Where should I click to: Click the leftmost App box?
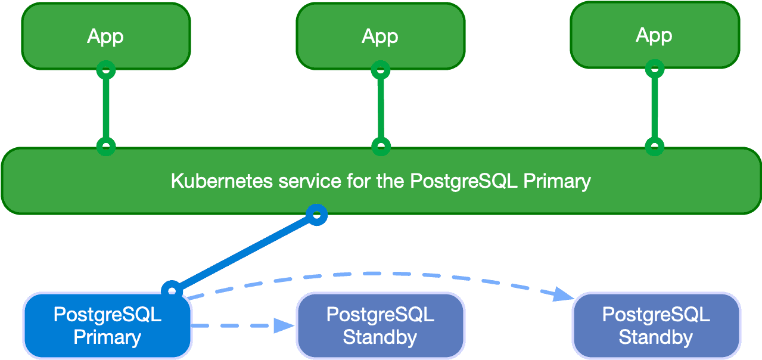pyautogui.click(x=105, y=36)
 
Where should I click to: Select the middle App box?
pyautogui.click(x=380, y=36)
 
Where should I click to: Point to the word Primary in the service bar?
pyautogui.click(x=556, y=181)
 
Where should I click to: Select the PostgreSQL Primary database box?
pyautogui.click(x=107, y=325)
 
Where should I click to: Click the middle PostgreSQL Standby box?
pyautogui.click(x=380, y=325)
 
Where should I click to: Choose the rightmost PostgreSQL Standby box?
pyautogui.click(x=655, y=325)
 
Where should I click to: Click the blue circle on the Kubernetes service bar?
pyautogui.click(x=317, y=215)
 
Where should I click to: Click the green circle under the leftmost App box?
pyautogui.click(x=105, y=70)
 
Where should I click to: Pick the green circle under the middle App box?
pyautogui.click(x=380, y=70)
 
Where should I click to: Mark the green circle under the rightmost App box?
pyautogui.click(x=655, y=69)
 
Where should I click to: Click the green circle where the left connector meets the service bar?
pyautogui.click(x=105, y=146)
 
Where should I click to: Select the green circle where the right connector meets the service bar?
pyautogui.click(x=655, y=146)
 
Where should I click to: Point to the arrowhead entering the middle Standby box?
pyautogui.click(x=284, y=325)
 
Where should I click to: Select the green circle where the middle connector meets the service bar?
pyautogui.click(x=380, y=146)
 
